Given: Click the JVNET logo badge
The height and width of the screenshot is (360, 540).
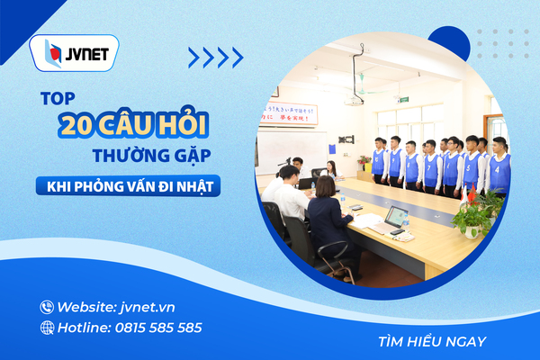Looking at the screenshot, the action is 74,53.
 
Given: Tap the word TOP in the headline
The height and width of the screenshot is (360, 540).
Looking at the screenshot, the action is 58,98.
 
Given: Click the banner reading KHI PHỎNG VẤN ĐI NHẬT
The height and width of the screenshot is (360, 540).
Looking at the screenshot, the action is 128,186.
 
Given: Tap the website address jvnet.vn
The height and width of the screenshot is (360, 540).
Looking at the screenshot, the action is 148,307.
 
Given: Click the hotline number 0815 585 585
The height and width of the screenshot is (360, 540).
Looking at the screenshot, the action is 158,328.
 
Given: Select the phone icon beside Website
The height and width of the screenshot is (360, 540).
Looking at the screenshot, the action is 47,307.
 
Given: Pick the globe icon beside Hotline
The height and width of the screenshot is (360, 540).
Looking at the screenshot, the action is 47,328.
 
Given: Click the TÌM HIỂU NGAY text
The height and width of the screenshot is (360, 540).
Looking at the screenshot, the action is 432,342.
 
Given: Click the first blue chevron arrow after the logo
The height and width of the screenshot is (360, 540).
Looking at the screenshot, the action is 193,58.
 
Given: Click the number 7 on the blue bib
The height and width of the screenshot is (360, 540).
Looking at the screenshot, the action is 428,168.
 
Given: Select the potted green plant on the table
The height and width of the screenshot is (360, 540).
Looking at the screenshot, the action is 472,218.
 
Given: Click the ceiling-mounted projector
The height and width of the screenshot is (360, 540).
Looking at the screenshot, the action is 354,102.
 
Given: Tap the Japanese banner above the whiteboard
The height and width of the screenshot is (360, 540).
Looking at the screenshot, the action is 288,113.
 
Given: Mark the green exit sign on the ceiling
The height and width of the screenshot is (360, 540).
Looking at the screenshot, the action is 403,100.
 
